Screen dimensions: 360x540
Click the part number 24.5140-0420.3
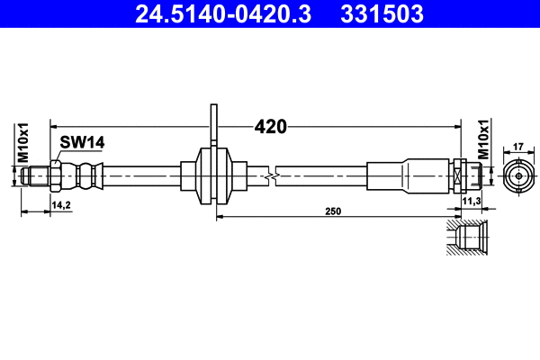[226, 14]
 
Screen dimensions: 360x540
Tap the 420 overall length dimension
[270, 127]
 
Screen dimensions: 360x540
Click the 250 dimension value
[333, 211]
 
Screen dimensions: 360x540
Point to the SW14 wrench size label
[83, 140]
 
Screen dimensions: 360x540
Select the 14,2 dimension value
[62, 205]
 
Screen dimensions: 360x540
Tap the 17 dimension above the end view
[518, 146]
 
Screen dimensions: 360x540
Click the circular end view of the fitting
[518, 176]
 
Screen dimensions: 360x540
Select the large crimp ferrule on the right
[423, 175]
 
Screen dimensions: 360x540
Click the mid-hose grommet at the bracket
[214, 175]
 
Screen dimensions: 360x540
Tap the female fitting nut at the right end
[461, 175]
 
